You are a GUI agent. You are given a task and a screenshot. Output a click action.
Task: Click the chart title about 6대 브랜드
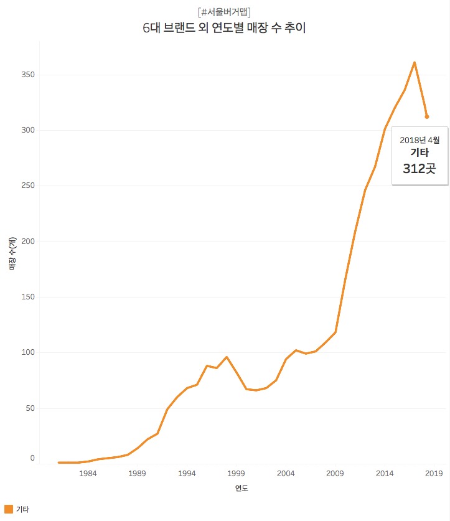tap(224, 28)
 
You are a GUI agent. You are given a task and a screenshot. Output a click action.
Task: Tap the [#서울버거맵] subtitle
tap(224, 12)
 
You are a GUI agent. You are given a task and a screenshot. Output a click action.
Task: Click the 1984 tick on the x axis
tap(88, 474)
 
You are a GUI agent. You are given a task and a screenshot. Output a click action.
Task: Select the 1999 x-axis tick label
tap(237, 474)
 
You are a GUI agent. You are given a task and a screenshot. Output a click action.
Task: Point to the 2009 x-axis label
tap(335, 474)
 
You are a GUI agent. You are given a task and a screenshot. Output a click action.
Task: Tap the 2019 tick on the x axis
tap(434, 474)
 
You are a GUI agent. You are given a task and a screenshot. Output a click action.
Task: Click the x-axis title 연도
tap(241, 489)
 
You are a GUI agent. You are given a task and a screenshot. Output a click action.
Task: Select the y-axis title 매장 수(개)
tap(12, 254)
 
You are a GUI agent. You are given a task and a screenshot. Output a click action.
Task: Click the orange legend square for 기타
tap(9, 509)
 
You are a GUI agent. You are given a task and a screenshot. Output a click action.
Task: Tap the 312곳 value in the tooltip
tap(420, 168)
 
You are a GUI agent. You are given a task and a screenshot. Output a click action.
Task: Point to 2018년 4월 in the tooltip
tap(420, 139)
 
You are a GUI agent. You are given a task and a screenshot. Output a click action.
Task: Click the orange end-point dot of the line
tap(426, 116)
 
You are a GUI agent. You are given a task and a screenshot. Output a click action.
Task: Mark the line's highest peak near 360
tap(415, 62)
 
